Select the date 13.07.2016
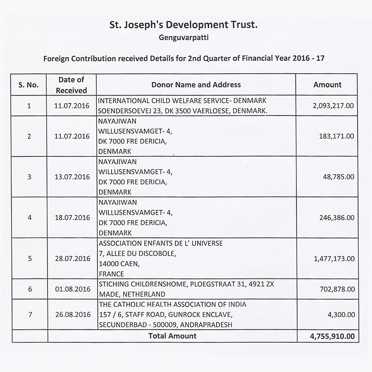[72, 177]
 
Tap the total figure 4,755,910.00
[332, 336]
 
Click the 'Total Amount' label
[172, 336]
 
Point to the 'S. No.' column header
[29, 85]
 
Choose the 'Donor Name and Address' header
[196, 85]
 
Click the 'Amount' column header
[327, 85]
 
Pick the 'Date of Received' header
[72, 85]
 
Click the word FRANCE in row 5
[111, 274]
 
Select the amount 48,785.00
[339, 177]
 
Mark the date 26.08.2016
[73, 314]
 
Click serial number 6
[30, 289]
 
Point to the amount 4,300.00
[341, 314]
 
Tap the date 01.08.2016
[73, 289]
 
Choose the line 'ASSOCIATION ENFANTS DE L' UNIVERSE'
[160, 243]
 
